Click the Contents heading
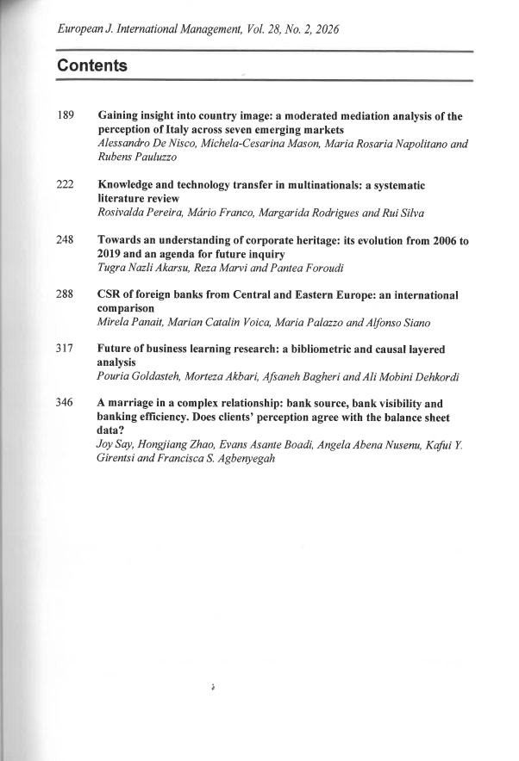click(x=92, y=66)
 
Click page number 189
click(x=66, y=115)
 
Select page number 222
click(x=66, y=185)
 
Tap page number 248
click(x=66, y=241)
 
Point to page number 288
click(x=66, y=295)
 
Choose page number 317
click(x=66, y=350)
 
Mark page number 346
click(x=66, y=403)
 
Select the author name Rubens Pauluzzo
click(x=136, y=157)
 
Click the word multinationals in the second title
click(x=323, y=185)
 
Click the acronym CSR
click(x=110, y=295)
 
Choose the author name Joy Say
click(x=113, y=444)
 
